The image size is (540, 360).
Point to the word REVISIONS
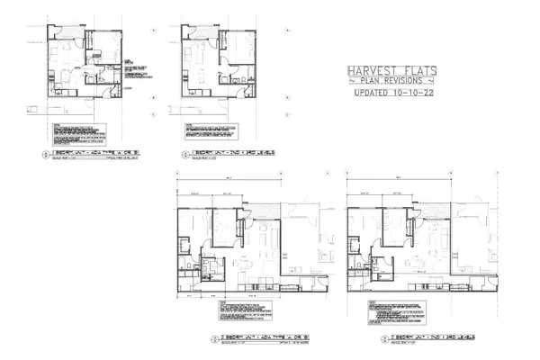point(405,82)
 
